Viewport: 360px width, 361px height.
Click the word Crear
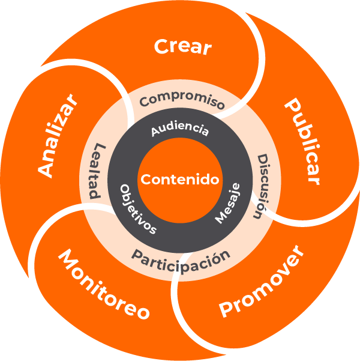183,46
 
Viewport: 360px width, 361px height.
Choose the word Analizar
58,135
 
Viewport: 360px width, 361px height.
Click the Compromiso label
182,100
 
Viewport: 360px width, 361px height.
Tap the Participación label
181,258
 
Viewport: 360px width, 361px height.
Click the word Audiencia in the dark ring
180,129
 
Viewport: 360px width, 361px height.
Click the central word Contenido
180,179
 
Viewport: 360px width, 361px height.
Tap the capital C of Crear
161,46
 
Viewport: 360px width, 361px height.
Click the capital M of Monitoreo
68,260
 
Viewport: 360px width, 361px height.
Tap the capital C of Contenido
146,179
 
